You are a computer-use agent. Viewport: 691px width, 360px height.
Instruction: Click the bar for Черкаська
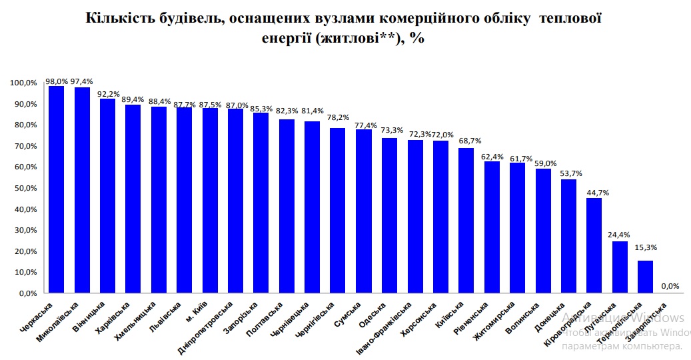pyautogui.click(x=56, y=189)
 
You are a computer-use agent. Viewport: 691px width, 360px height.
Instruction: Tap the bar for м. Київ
pyautogui.click(x=210, y=200)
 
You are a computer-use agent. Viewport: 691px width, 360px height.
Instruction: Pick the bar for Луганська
pyautogui.click(x=620, y=267)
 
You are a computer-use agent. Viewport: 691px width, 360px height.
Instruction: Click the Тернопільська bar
pyautogui.click(x=645, y=277)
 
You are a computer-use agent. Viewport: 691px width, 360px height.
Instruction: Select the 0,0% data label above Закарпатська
pyautogui.click(x=670, y=287)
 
